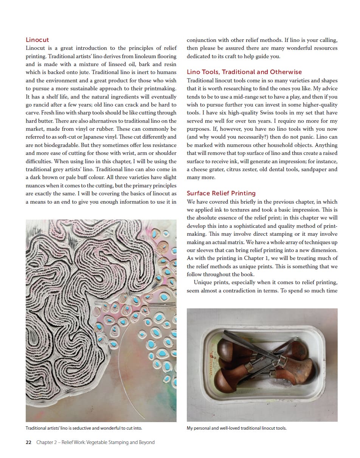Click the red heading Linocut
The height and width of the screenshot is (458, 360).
tap(37, 40)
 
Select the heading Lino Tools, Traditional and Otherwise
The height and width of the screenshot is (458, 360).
tap(244, 72)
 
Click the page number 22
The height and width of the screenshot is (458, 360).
tap(28, 442)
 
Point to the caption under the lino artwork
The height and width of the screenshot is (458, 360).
tap(84, 428)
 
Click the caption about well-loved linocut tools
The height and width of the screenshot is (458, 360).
tap(237, 428)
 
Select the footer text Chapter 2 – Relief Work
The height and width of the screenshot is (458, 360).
tap(95, 442)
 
